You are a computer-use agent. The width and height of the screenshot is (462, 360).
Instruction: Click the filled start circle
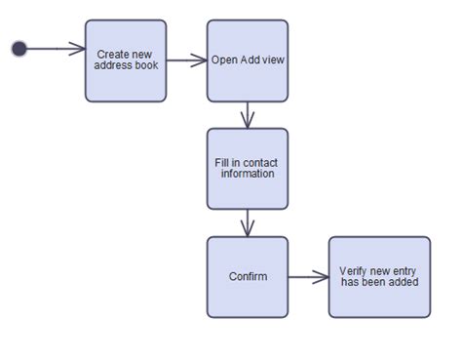coord(19,49)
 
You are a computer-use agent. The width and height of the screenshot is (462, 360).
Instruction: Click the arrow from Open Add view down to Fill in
coord(248,115)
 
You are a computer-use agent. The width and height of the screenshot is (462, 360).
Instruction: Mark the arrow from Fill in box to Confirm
coord(248,223)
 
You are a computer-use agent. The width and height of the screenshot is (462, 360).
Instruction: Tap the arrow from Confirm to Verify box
coord(309,277)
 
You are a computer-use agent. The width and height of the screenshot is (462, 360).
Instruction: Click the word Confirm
coord(248,277)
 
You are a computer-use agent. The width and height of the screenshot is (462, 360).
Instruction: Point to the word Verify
coord(354,271)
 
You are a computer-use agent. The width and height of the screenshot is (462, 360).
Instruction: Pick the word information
coord(248,174)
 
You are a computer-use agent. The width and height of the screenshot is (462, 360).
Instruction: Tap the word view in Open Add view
coord(274,60)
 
